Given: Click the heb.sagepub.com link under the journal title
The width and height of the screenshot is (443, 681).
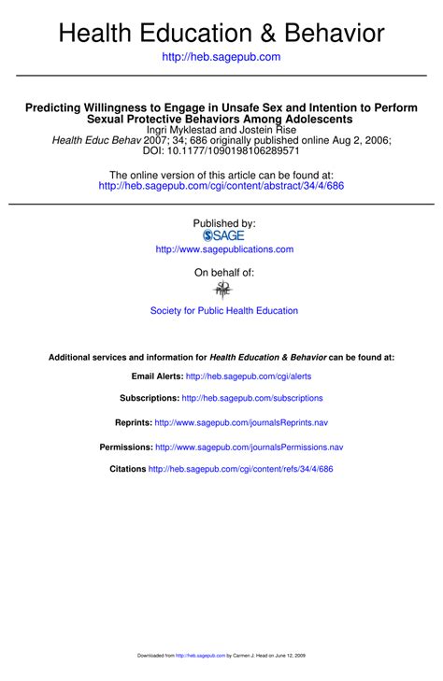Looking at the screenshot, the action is pyautogui.click(x=221, y=57).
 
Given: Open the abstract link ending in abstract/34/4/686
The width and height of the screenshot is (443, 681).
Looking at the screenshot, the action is pyautogui.click(x=221, y=186).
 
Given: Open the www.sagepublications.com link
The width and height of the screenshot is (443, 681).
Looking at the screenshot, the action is pyautogui.click(x=224, y=249).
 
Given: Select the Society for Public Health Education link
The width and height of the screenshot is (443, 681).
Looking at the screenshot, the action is pyautogui.click(x=224, y=310).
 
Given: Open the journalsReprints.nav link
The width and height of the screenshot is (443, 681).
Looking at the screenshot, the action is pyautogui.click(x=241, y=422).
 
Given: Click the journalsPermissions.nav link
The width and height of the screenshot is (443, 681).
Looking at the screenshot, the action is pyautogui.click(x=249, y=447).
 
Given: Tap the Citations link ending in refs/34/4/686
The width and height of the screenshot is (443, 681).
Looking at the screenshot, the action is pyautogui.click(x=240, y=469).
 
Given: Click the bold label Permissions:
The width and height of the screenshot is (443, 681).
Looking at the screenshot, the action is pyautogui.click(x=125, y=447).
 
